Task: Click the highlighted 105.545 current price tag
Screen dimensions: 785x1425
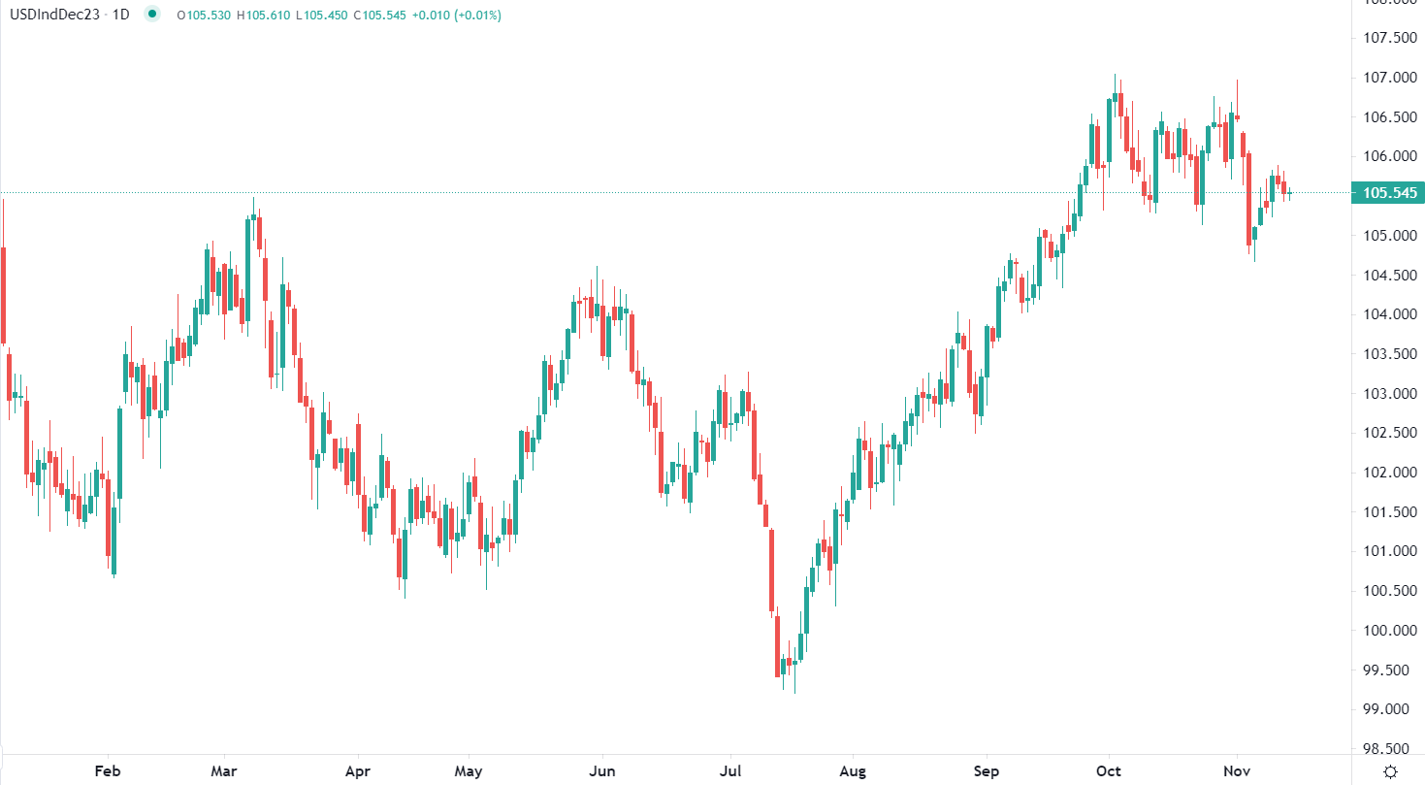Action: [1390, 193]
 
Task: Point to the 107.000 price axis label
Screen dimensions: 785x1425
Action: [1388, 78]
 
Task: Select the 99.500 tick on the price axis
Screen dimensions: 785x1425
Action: [1388, 671]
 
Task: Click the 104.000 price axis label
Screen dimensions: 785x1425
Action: [1388, 314]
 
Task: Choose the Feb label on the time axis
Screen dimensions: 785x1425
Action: [108, 771]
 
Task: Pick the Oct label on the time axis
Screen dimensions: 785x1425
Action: [1108, 771]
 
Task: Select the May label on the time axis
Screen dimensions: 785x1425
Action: [469, 771]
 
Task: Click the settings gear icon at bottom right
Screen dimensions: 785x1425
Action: [1390, 771]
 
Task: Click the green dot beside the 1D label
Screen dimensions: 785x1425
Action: [151, 16]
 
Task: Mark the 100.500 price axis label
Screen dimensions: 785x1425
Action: [1388, 591]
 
